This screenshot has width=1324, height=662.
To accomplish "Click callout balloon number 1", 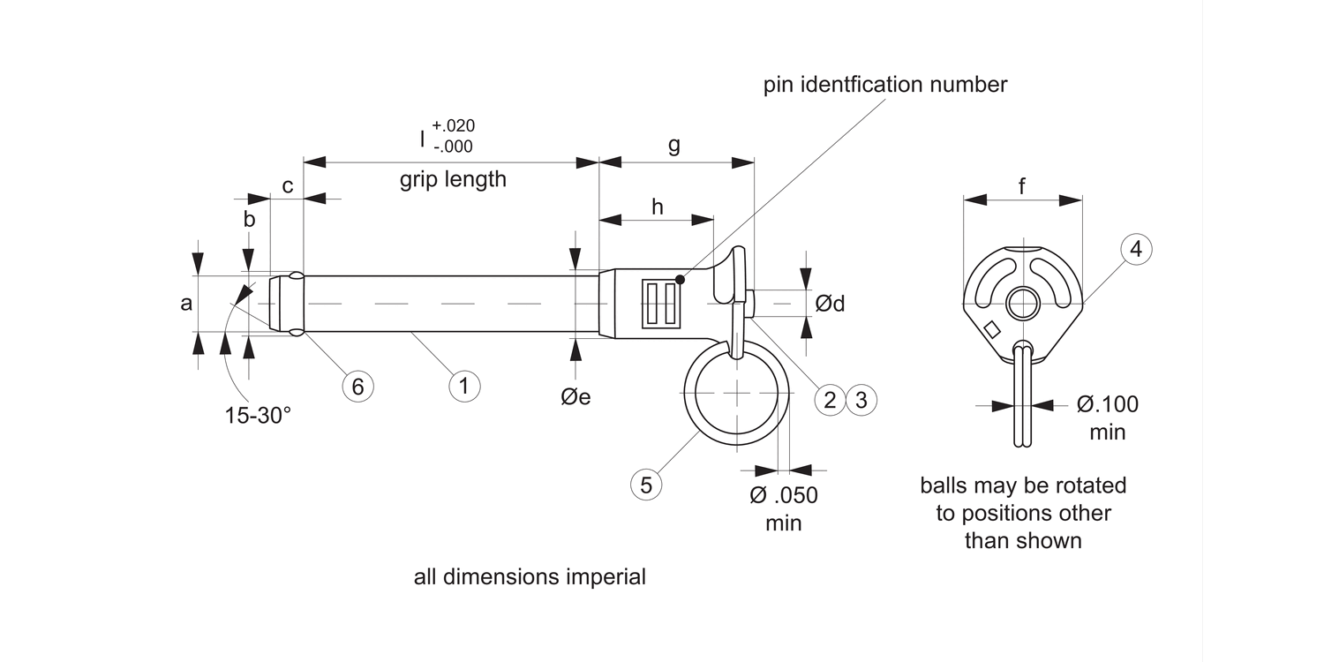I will point(464,385).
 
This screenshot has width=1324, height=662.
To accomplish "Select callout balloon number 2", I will point(830,399).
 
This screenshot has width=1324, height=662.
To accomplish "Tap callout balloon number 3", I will point(862,399).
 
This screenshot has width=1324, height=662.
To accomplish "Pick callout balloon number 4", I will point(1136,250).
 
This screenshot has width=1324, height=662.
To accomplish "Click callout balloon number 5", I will point(646,485).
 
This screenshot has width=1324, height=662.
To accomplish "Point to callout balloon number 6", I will point(357,386).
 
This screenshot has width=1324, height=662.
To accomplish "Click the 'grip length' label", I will point(453,180).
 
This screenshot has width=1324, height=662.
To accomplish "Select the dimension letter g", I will point(673,145).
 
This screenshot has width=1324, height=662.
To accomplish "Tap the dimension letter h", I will point(657,207).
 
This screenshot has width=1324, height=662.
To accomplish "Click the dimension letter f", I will point(1022,186).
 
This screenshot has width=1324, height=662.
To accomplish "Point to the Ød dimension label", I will point(830,304).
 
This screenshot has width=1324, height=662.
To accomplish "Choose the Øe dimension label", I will point(575,397).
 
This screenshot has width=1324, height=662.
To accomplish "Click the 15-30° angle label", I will point(258,416).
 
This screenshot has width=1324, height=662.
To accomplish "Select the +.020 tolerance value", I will point(453,125).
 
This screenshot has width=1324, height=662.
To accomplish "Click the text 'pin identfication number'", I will point(885,85).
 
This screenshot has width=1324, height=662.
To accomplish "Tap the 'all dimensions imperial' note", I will point(530,577).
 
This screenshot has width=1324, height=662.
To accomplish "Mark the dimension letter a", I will point(186,304).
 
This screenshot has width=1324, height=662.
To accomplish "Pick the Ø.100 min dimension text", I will point(1107,418).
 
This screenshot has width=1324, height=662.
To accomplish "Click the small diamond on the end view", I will point(992,329).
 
